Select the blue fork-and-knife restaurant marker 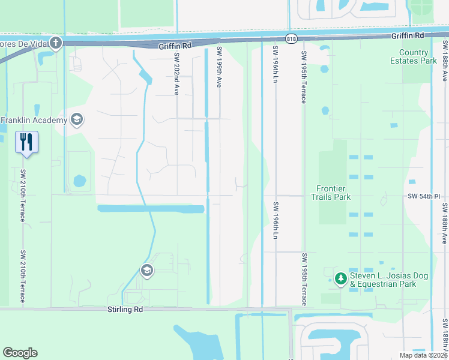point(26,142)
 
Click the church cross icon point(56,43)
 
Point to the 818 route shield point(292,38)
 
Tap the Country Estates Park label point(417,56)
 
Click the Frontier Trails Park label point(331,193)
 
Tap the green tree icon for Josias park point(340,278)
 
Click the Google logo point(20,353)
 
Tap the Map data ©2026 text point(423,355)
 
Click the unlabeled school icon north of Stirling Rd point(146,271)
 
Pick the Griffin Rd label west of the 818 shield point(175,45)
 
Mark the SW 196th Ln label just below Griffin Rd point(276,64)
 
